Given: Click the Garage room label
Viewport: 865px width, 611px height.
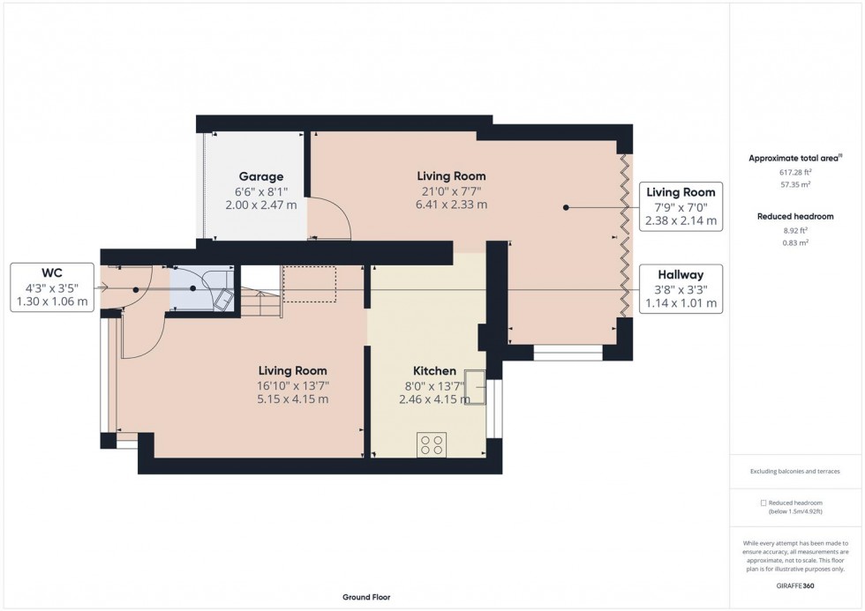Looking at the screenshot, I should tap(259, 176).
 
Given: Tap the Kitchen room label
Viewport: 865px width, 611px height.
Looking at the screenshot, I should tap(434, 371).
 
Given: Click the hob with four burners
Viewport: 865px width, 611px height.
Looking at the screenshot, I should tap(432, 446).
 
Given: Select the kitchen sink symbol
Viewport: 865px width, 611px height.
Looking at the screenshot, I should tap(477, 388).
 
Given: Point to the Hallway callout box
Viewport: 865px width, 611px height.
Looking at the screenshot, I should tap(681, 288).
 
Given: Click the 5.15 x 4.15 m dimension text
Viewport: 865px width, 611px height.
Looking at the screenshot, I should tap(292, 399).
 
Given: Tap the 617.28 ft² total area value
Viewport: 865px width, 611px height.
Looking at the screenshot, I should tap(795, 173).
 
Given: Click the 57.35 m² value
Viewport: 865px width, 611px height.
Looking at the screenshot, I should tap(795, 185).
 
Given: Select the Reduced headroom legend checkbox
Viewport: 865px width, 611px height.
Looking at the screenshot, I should tap(763, 503).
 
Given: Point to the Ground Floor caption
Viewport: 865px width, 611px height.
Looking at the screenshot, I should tap(366, 597).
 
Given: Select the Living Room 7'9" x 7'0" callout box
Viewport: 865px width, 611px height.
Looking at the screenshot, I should tap(681, 206).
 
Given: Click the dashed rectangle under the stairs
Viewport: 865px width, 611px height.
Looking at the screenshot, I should tap(309, 284).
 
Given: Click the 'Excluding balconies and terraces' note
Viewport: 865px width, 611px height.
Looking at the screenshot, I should tap(795, 472).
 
